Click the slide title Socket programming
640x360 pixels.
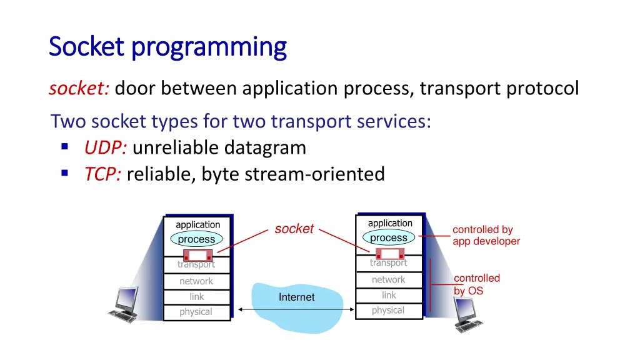coord(167,47)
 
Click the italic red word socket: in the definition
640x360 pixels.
coord(79,89)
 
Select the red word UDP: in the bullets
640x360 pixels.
coord(106,147)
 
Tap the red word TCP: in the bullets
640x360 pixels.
coord(103,174)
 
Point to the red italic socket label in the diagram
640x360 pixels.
coord(294,229)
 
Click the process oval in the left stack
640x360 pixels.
coord(196,239)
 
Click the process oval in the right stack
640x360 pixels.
coord(389,238)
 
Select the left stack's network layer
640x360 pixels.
coord(196,281)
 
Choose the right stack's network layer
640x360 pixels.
coord(388,280)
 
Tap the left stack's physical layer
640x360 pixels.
coord(196,312)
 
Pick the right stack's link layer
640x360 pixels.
coord(388,295)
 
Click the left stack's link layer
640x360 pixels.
coord(196,297)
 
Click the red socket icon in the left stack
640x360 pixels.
coord(197,256)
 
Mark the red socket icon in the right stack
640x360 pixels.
coord(390,254)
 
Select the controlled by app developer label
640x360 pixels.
coord(486,236)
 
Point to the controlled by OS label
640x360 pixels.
coord(476,284)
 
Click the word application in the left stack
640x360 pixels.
coord(197,225)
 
